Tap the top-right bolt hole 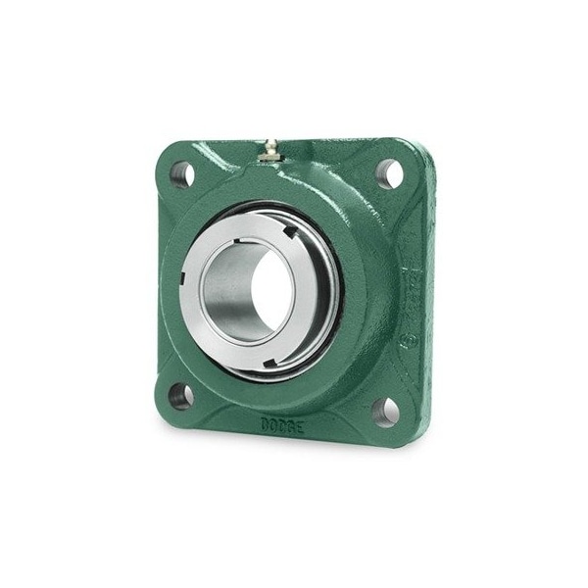pyautogui.click(x=388, y=172)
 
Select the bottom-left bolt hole pyautogui.click(x=180, y=396)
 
